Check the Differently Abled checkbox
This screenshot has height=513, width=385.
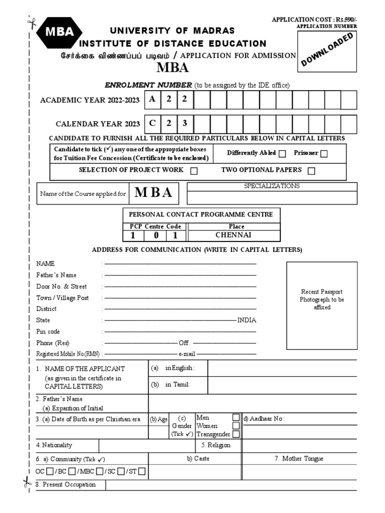coord(282,154)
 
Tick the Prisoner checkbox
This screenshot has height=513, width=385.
coord(324,154)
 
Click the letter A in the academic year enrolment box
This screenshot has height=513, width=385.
coord(152,99)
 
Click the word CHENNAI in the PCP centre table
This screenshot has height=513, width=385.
coord(233,235)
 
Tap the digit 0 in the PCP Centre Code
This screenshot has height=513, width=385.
coord(155,235)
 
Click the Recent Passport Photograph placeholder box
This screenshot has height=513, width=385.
coord(322,299)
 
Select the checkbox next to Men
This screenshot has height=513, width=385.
coord(236,417)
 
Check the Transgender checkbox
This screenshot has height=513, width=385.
coord(236,434)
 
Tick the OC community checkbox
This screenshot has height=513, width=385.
coord(50,471)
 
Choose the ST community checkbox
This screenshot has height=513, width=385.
coord(142,471)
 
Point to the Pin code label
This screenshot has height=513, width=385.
coord(48,332)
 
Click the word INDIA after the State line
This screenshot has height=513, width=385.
coord(247,320)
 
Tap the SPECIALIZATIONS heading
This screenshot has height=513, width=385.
coord(272,186)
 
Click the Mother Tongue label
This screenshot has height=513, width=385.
coord(299,458)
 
